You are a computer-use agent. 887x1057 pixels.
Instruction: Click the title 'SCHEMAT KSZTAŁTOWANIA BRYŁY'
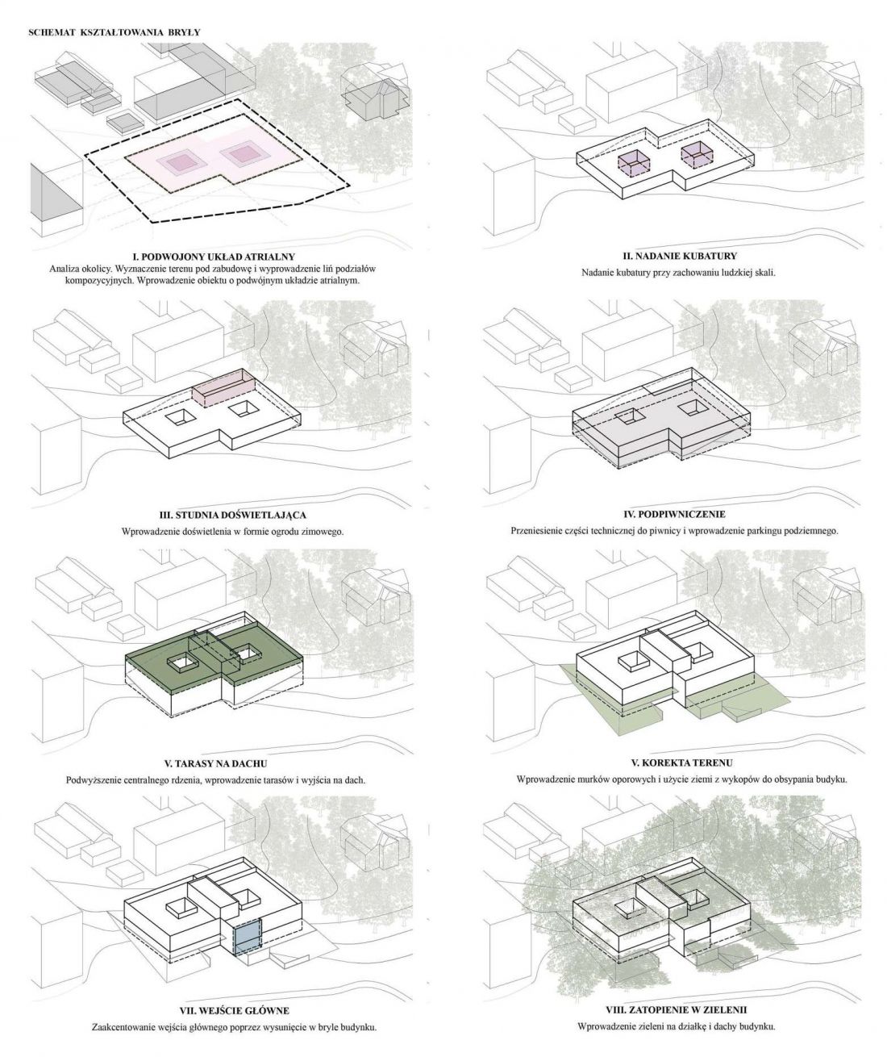click(x=115, y=32)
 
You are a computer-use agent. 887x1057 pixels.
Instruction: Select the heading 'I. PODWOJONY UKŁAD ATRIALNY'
click(x=212, y=256)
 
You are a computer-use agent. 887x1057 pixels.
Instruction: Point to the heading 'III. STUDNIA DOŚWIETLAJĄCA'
click(x=233, y=516)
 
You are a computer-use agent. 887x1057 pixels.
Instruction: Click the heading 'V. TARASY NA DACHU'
click(x=215, y=763)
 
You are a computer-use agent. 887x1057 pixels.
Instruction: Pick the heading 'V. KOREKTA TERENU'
click(x=681, y=762)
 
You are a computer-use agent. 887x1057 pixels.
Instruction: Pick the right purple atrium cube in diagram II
click(x=697, y=153)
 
